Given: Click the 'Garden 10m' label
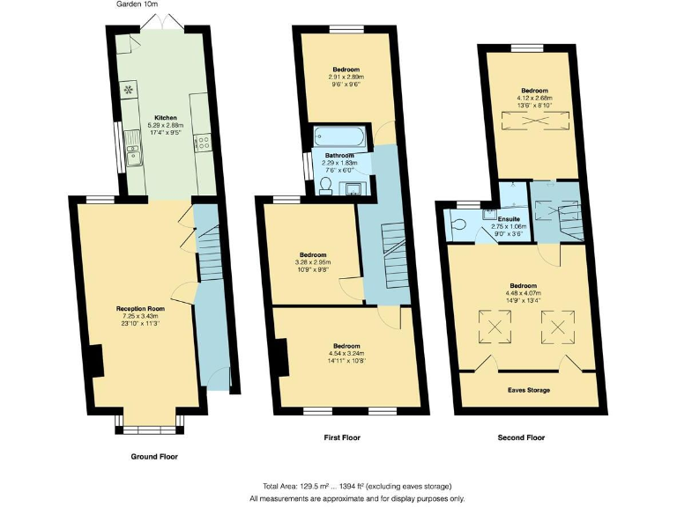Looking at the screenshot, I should tap(138, 5).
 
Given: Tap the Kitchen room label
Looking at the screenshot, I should tap(166, 117).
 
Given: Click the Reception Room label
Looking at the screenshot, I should tap(141, 308).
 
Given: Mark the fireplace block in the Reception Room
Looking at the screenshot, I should tap(95, 360).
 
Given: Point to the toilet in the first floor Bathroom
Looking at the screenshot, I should tap(325, 184).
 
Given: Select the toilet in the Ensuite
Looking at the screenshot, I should tap(456, 224).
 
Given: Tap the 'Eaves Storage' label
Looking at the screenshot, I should tap(529, 389).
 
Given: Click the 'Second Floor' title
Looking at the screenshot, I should tap(521, 437).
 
